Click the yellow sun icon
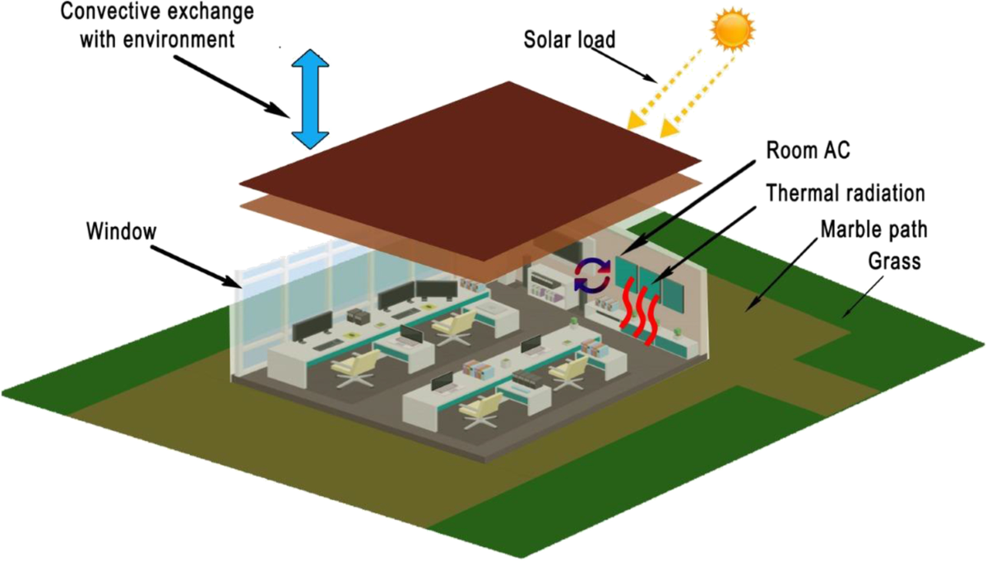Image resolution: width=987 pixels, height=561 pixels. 732,30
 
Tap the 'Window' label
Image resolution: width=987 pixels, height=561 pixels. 120,231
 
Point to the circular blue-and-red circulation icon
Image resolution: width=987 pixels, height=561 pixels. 591,275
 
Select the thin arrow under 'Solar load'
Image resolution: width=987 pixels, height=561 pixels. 626,67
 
